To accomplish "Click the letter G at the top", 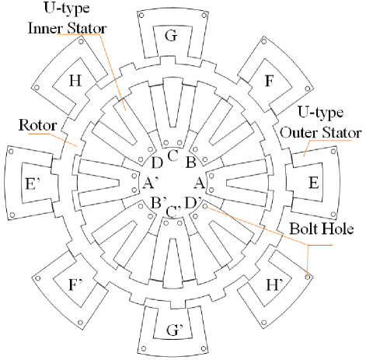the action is coord(171,36).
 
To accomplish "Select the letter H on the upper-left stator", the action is coord(75,81).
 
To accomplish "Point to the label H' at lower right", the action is coord(274,285).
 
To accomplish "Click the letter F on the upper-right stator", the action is coord(270,81).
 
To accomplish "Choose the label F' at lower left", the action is coord(75,285).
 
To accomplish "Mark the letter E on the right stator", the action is coord(314,183).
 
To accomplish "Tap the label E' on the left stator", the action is coord(33,183).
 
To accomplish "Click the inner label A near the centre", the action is coord(200,183).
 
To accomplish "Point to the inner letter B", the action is coord(191,163).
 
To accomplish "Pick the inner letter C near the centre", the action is coord(173,156).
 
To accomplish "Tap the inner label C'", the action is coord(173,211).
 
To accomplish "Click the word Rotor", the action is coord(38,125).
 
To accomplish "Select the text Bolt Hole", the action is coord(322,229).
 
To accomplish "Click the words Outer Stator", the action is coord(321,133).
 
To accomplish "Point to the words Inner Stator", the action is coord(68,28).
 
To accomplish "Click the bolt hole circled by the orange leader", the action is coord(308,277).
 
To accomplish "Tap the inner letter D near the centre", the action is coord(157,163).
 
